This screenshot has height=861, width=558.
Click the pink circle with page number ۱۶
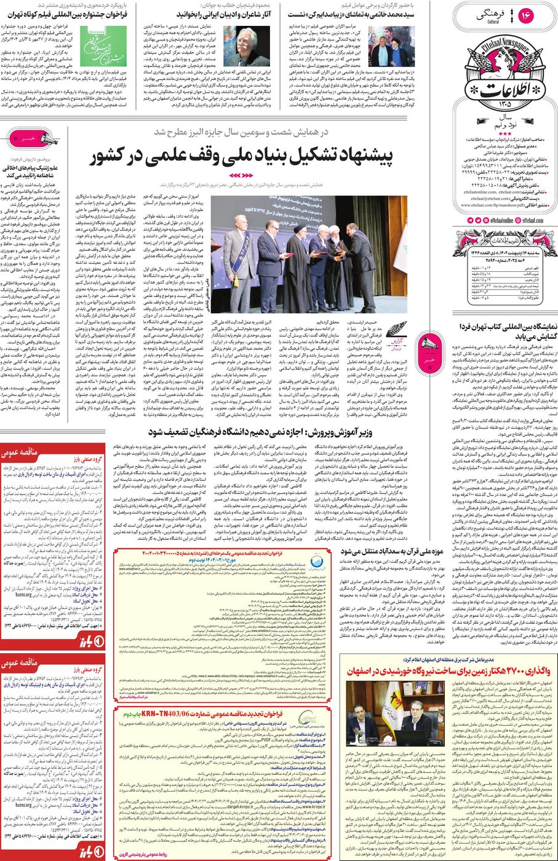coord(525,15)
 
